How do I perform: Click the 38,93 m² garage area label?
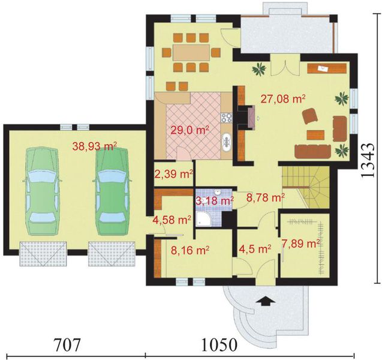94,145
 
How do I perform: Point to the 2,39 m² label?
173,175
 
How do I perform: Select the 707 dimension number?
63,346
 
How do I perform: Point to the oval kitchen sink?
227,142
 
